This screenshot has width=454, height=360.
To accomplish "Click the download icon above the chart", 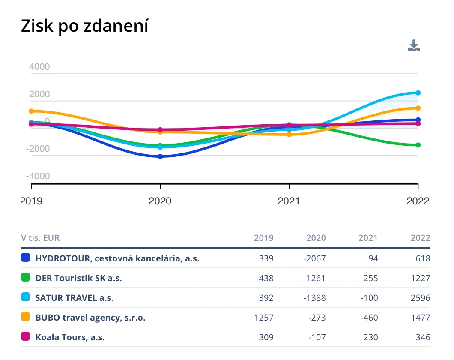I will (414, 46).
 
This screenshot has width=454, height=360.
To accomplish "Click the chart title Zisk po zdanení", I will (84, 27).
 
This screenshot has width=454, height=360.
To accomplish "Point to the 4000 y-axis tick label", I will (39, 67).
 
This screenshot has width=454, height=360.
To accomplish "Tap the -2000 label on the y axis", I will (38, 149).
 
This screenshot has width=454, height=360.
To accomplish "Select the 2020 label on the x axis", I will (160, 201).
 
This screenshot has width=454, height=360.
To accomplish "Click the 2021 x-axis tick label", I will (289, 201).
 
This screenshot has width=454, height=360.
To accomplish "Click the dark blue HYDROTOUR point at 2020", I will (160, 156).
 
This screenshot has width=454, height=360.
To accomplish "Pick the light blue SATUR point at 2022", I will (418, 93).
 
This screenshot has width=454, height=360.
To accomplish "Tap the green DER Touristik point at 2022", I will (418, 145).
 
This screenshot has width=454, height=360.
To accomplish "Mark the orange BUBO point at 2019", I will (31, 111).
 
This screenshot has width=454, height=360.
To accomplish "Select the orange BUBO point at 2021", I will (289, 135).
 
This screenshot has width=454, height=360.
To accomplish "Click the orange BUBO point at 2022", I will (418, 108).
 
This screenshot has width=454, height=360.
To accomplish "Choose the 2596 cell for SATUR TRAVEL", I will (420, 298).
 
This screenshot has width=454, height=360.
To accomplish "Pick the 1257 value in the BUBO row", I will (263, 318).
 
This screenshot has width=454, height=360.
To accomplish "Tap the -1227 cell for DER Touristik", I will (418, 278).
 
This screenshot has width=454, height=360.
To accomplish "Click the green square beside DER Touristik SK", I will (26, 278).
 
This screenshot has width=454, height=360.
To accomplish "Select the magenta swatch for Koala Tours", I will (26, 337).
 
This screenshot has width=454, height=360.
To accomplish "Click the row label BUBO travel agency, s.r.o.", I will (90, 318).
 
